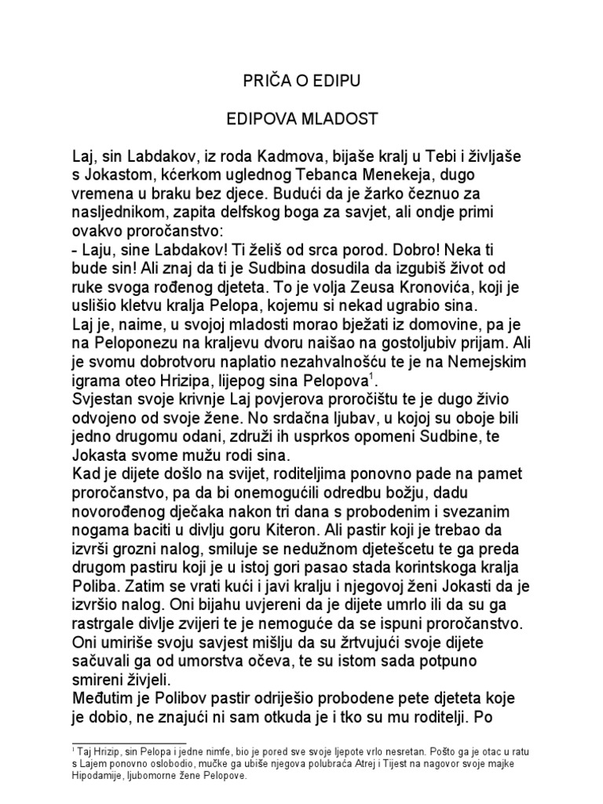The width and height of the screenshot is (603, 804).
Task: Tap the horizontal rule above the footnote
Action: (x=129, y=742)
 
